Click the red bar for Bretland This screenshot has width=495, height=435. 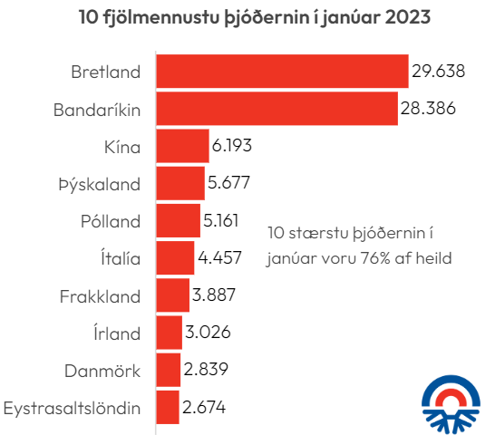tap(283, 72)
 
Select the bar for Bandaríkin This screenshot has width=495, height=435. tap(277, 109)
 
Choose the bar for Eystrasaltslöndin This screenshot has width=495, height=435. tap(168, 407)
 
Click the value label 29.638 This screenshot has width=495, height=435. tap(438, 72)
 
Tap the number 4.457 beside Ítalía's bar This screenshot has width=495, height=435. tap(219, 258)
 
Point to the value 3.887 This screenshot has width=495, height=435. tap(215, 295)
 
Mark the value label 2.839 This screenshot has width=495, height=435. tap(205, 370)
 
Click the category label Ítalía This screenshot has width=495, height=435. tap(118, 258)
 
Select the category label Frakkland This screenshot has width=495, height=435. tap(100, 295)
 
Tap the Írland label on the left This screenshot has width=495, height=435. tap(117, 333)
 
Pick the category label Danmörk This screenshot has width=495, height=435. tap(102, 370)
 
